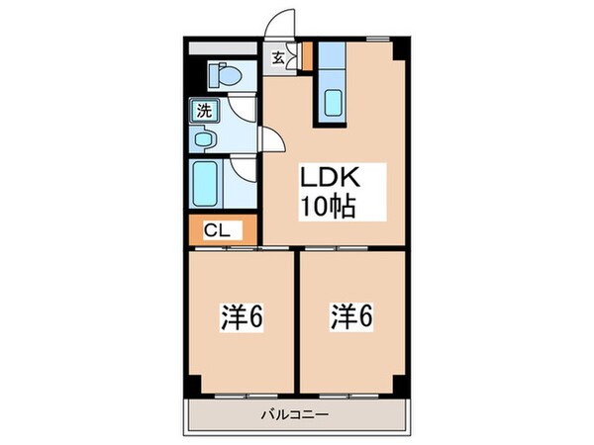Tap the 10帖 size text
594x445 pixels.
[x=328, y=208]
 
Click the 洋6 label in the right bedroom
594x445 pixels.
[x=351, y=318]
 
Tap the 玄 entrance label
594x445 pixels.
[x=279, y=58]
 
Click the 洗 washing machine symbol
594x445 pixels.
[x=202, y=111]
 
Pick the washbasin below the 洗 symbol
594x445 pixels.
[x=204, y=139]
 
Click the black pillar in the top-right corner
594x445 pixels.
[x=399, y=47]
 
